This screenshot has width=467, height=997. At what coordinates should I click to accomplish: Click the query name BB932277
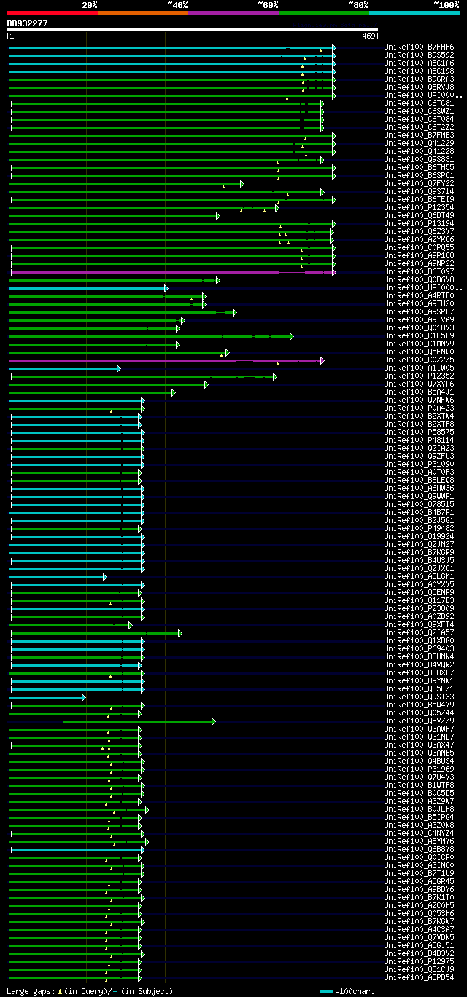pyautogui.click(x=28, y=23)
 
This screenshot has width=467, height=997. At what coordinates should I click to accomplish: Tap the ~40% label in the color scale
pyautogui.click(x=177, y=5)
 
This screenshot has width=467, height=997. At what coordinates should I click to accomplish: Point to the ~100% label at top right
pyautogui.click(x=446, y=5)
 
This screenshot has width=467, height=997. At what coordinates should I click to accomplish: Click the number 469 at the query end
pyautogui.click(x=368, y=36)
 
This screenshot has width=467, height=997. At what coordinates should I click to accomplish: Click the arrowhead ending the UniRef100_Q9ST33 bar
pyautogui.click(x=84, y=697)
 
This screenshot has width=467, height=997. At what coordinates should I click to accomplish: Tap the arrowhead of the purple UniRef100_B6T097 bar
pyautogui.click(x=333, y=272)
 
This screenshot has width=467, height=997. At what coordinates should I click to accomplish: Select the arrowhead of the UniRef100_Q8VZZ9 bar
pyautogui.click(x=213, y=721)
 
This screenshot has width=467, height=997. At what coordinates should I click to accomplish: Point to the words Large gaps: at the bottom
pyautogui.click(x=30, y=991)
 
